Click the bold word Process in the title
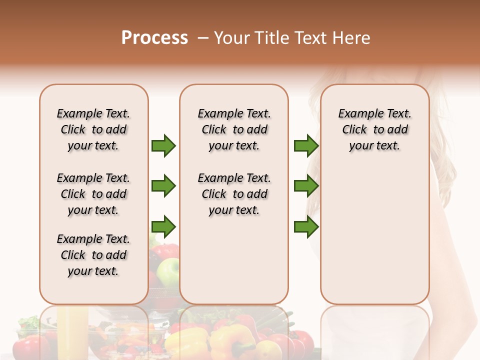[154, 38]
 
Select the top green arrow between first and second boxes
[163, 145]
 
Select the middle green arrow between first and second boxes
[163, 186]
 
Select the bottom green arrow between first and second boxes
[163, 226]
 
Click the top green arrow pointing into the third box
[306, 145]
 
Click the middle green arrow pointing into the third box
[306, 186]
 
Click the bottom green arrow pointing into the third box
[306, 226]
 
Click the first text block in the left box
[93, 129]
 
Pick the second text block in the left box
[93, 194]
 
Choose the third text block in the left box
[93, 255]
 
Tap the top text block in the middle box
[234, 129]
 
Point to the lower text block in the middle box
[234, 194]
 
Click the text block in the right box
[374, 129]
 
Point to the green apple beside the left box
[168, 271]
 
